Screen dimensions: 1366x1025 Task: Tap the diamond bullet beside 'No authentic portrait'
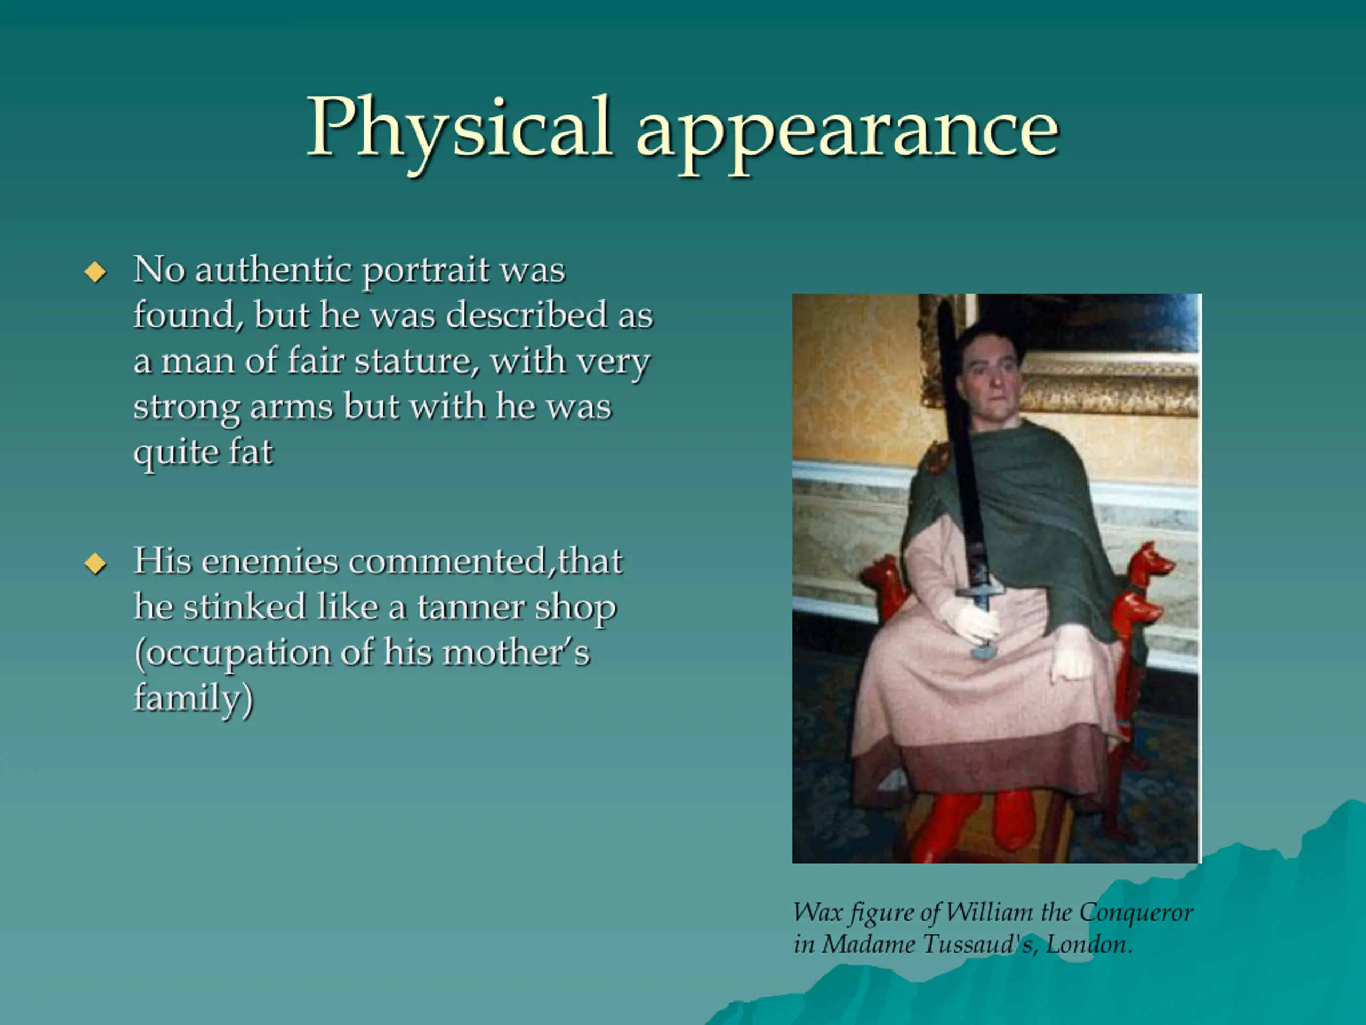click(x=95, y=271)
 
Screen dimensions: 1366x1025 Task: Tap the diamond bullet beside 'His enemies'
click(x=95, y=563)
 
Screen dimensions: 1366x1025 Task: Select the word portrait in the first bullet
click(x=426, y=272)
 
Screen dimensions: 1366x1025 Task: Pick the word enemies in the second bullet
click(x=270, y=562)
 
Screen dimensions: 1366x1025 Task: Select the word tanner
click(x=470, y=608)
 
